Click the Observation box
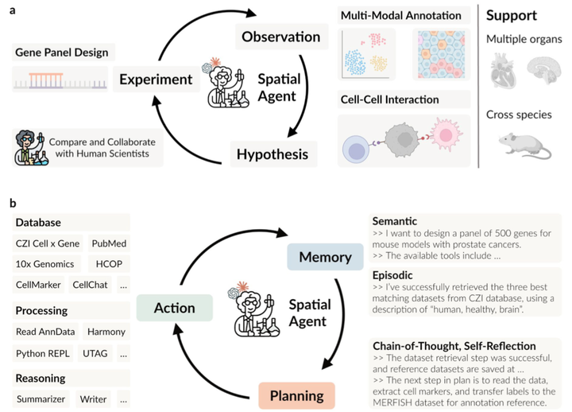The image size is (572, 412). point(281,37)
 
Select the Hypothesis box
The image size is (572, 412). point(272,154)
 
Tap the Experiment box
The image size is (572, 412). point(157,80)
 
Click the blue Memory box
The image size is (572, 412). point(325,257)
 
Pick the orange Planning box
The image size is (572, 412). point(296,395)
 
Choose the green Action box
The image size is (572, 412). point(174,308)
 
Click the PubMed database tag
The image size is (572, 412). point(109,243)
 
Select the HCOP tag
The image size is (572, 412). point(109,264)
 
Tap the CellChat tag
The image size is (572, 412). point(90,285)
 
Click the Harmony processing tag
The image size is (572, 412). point(106,332)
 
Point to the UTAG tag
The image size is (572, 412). point(95,353)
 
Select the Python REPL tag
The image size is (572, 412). point(43,353)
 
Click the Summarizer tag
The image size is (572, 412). point(41,398)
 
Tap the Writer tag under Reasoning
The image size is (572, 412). point(94,398)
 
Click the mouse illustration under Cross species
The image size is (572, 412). point(525,146)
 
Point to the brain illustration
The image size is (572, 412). point(544,70)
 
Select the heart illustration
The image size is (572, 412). point(504,71)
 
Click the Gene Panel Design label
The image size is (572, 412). point(62,52)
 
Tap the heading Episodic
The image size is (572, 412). point(392,275)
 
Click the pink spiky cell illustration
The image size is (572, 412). point(446,134)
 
